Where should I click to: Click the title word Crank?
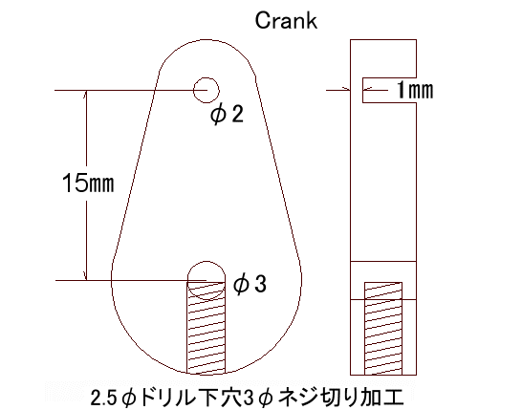pos(286,21)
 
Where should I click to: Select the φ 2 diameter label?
pos(227,114)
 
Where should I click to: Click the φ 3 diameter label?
pos(250,285)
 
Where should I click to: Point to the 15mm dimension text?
pos(88,183)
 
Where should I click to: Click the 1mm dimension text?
pos(416,90)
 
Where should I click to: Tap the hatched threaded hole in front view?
pos(207,328)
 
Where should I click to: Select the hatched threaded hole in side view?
pos(383,329)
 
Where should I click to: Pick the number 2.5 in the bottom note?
pos(103,397)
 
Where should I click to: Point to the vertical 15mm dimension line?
pos(87,185)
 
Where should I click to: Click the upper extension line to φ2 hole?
pos(131,90)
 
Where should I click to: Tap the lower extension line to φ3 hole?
pos(131,281)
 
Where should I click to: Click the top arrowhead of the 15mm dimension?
pos(87,94)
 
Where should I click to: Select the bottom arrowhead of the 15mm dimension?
pos(87,277)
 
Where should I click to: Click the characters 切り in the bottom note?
pos(338,397)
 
